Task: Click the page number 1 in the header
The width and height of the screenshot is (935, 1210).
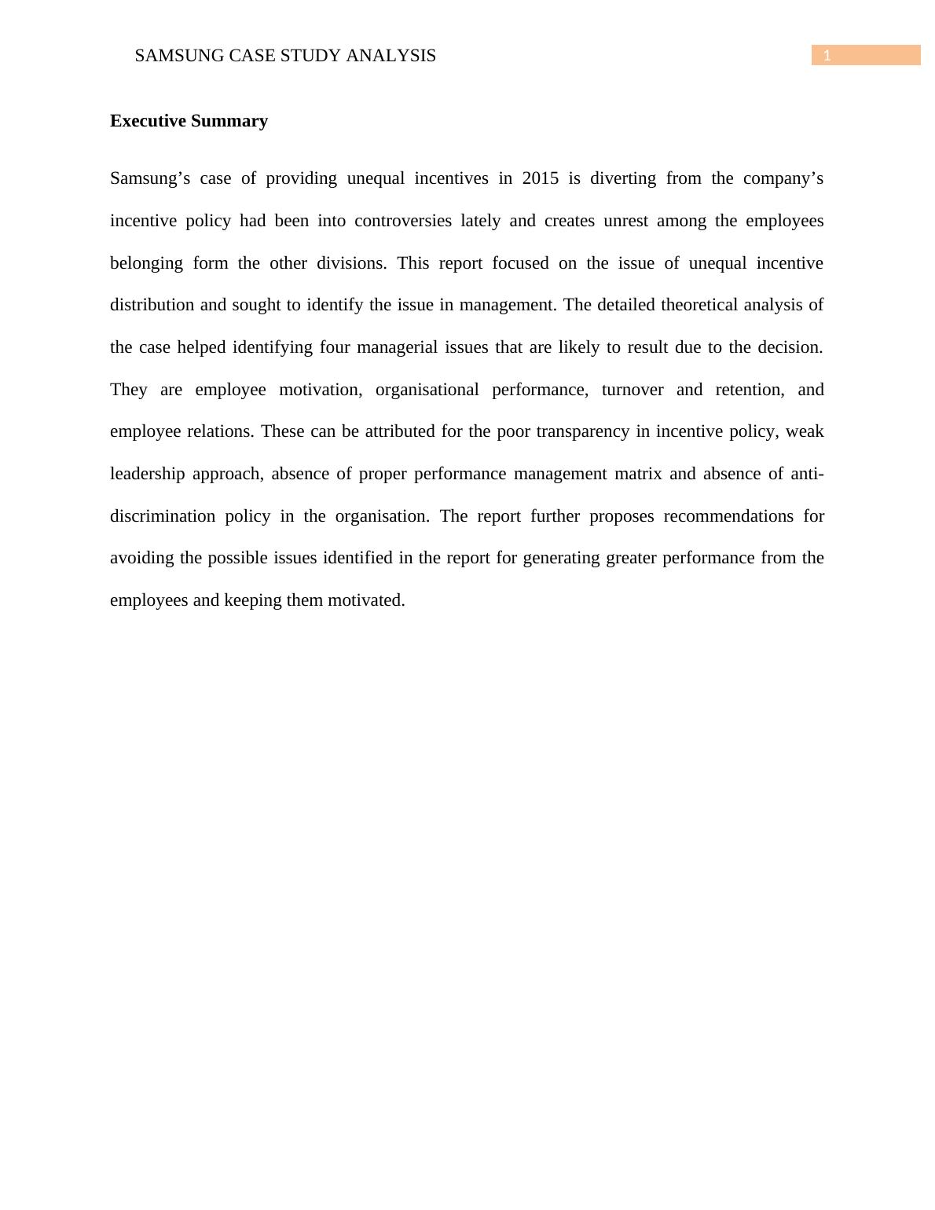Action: tap(827, 56)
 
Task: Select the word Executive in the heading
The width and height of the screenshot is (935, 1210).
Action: tap(148, 121)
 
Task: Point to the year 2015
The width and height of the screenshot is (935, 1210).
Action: tap(540, 178)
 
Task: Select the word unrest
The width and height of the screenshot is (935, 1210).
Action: tap(625, 221)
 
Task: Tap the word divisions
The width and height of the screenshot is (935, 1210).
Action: tap(351, 263)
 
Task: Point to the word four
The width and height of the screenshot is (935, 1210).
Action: tap(335, 347)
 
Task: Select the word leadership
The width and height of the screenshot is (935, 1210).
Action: tap(147, 474)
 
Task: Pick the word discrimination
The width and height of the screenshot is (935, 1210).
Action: tap(163, 516)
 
